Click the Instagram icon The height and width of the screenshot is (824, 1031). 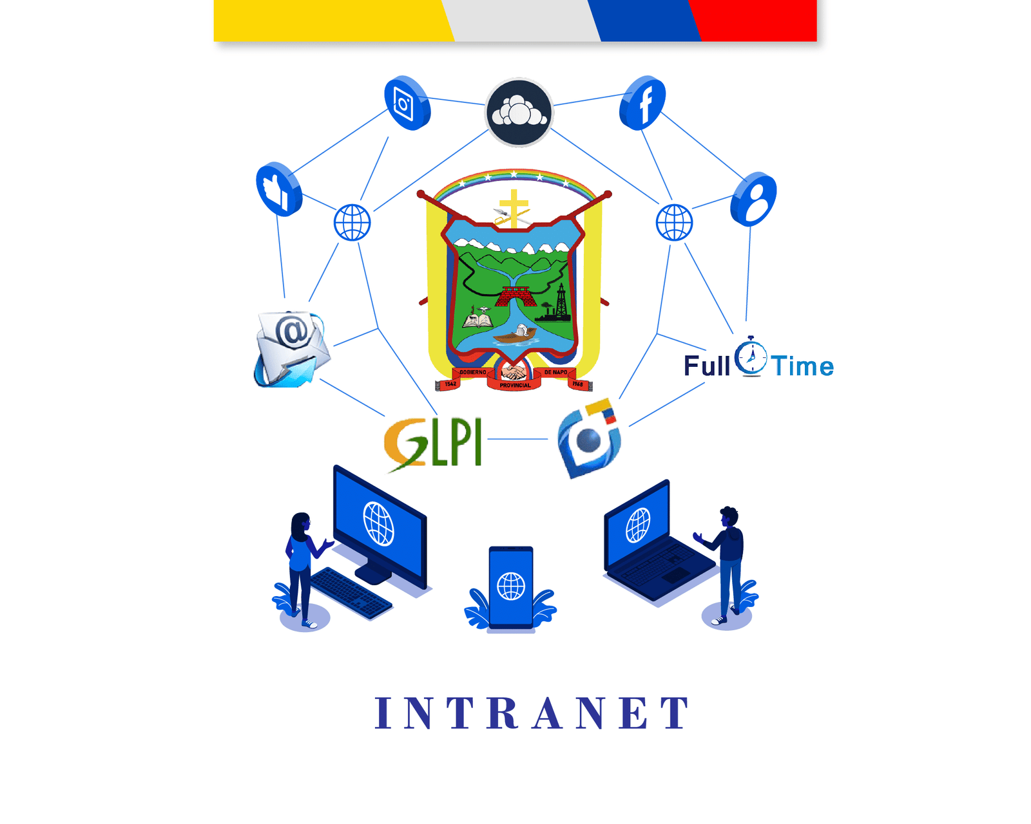(407, 103)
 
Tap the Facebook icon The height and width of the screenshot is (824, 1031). (642, 103)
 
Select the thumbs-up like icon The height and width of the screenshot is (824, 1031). (278, 189)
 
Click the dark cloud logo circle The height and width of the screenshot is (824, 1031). (519, 113)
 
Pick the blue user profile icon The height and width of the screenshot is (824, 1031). (753, 199)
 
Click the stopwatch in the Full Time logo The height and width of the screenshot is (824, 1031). (751, 356)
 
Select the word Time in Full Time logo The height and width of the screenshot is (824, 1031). (803, 366)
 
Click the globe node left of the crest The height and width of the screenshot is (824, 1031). (352, 223)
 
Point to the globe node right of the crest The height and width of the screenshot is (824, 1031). (674, 223)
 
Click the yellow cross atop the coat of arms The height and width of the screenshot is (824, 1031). (514, 206)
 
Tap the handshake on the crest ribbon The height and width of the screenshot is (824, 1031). (514, 373)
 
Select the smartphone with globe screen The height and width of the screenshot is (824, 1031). (511, 586)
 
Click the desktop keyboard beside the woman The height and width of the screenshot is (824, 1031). (351, 593)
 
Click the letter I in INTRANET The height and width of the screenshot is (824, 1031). (383, 713)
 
